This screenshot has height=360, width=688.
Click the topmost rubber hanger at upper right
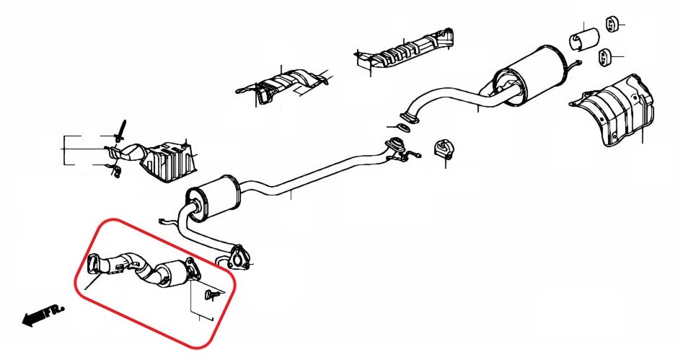pos(612,24)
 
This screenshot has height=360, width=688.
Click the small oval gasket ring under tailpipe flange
pos(405,128)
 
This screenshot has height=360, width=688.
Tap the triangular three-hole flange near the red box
pos(240,258)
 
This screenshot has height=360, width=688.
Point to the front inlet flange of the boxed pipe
pos(94,265)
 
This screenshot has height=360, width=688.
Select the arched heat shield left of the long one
pos(285,85)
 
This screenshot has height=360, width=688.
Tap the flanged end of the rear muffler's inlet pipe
pos(409,115)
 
